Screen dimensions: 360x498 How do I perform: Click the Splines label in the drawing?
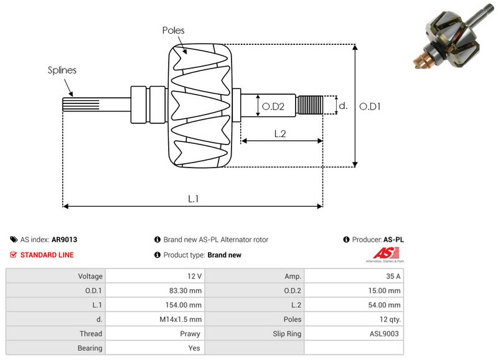62,70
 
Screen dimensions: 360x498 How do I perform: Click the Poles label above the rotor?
173,30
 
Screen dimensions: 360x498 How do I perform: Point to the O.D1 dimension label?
370,107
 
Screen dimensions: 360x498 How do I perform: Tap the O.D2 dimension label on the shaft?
273,107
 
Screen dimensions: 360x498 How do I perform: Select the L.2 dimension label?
280,133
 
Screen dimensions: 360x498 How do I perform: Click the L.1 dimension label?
194,199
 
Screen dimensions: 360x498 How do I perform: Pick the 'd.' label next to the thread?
342,106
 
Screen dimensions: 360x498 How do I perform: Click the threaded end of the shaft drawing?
309,105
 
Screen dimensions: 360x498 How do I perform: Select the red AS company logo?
380,253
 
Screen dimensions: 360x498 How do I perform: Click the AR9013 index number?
64,239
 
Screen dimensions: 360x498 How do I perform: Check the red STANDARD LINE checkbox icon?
14,255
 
